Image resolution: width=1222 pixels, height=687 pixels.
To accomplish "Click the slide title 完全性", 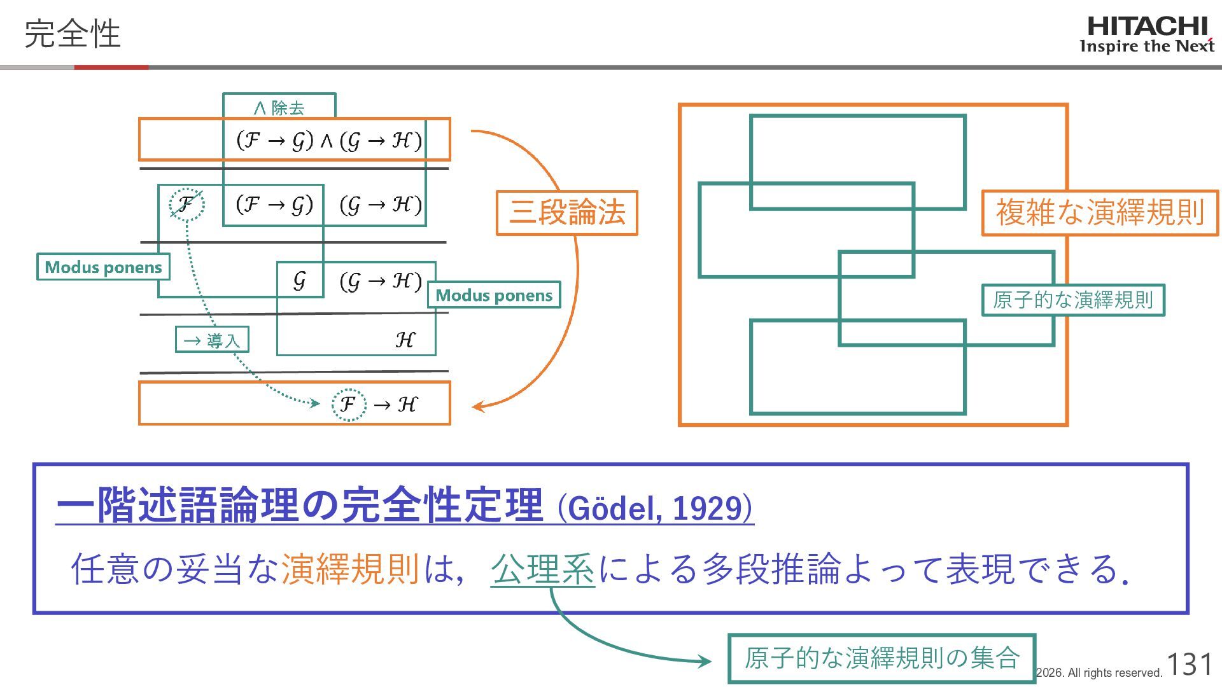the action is tap(72, 34).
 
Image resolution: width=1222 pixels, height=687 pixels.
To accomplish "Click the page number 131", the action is tap(1189, 664).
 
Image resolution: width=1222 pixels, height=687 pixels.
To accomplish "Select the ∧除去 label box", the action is tap(279, 107).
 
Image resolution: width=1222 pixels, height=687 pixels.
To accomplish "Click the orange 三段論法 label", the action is tap(566, 212).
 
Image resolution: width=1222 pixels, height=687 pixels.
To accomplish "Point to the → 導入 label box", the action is tap(212, 340).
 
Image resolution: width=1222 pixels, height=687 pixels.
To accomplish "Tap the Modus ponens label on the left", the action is tap(103, 267).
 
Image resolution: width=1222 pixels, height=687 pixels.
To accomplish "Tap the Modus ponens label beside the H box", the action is tap(494, 295).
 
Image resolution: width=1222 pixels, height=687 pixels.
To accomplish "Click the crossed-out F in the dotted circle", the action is tap(186, 204).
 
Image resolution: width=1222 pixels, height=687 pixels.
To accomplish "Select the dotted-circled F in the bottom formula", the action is tap(348, 404).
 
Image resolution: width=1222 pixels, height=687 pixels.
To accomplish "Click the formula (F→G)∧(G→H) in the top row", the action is tap(328, 140).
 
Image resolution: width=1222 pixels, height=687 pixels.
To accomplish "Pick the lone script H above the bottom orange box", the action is tap(405, 340).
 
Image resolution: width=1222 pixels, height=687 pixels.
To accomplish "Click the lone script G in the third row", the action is tap(299, 281).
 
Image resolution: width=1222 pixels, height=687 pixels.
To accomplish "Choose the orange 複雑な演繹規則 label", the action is tap(1100, 212).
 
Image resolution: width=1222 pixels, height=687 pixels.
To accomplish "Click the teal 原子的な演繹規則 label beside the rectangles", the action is tap(1073, 300).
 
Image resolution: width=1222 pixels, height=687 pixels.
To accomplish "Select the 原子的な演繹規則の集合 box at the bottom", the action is tap(881, 658).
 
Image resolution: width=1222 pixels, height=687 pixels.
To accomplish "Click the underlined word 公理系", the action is tap(542, 568).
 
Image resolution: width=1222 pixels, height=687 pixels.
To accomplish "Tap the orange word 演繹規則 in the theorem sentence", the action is tap(349, 568).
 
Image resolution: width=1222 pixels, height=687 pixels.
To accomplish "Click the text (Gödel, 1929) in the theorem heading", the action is tap(655, 508).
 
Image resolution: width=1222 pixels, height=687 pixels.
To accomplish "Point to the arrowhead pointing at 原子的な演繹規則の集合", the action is tap(705, 662).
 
